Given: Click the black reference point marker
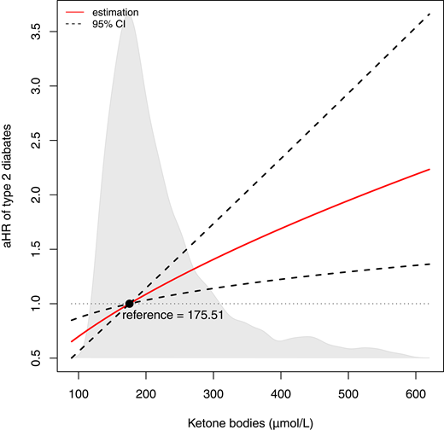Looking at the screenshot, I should point(129,304).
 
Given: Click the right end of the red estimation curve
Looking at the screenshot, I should point(429,169).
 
